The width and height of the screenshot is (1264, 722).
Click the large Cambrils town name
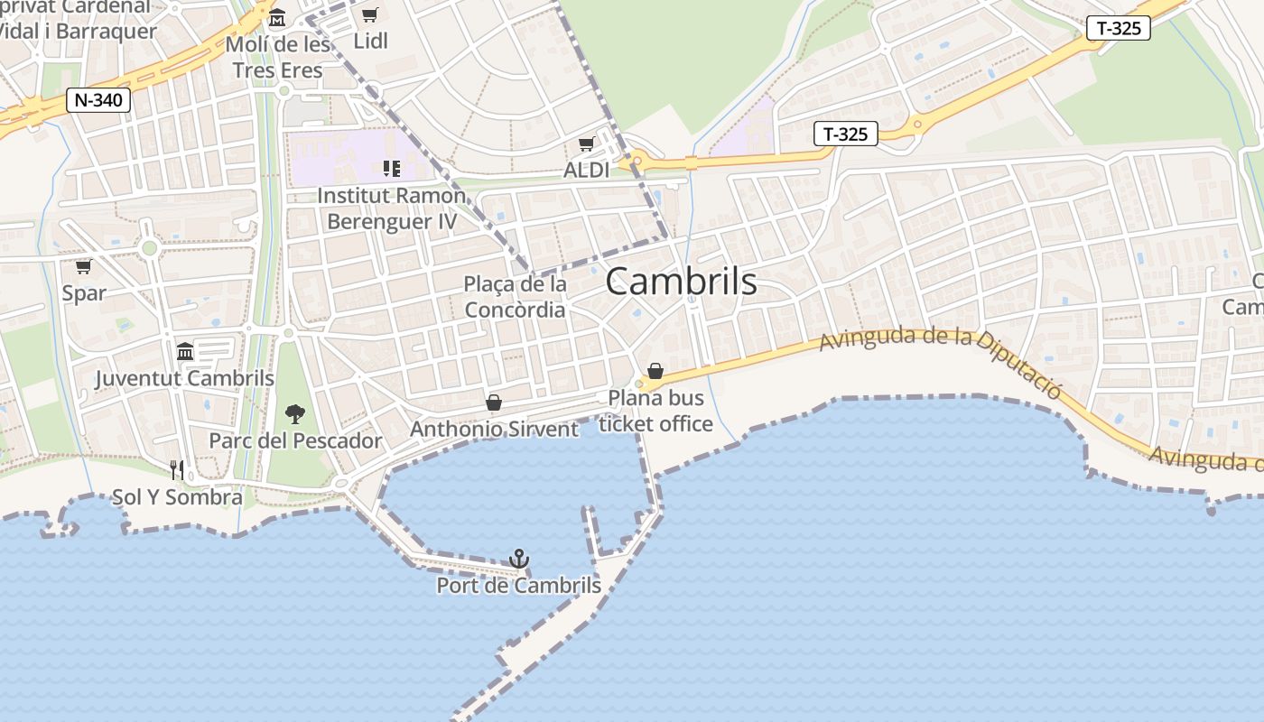681,282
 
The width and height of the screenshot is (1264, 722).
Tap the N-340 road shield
98,100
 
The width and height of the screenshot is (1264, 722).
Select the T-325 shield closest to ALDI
846,134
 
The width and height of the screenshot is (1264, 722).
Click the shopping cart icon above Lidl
369,14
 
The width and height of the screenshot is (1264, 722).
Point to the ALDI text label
586,170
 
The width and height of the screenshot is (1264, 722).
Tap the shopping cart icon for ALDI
587,144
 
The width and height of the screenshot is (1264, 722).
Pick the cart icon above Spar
84,266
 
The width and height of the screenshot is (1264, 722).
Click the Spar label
84,293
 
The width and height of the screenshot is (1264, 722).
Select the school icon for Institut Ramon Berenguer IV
391,169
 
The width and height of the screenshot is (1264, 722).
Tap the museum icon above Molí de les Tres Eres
277,18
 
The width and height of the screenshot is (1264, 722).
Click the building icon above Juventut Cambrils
185,351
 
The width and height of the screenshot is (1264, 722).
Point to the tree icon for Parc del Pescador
294,414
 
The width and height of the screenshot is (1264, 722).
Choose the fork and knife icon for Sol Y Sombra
177,470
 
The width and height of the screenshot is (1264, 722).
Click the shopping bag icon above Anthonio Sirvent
494,403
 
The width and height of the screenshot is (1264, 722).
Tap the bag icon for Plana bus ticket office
655,371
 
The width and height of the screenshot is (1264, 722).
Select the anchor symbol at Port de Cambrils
518,559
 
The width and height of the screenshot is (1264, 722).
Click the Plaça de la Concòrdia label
515,297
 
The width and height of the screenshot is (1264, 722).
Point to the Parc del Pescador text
295,441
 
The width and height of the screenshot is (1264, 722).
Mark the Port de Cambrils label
518,586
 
